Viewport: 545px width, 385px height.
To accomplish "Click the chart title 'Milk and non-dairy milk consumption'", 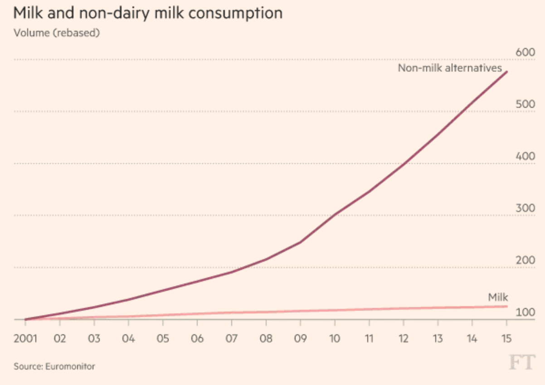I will pyautogui.click(x=148, y=13).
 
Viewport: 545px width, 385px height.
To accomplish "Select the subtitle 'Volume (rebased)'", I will pyautogui.click(x=57, y=33).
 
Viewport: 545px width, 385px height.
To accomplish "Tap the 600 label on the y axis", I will pyautogui.click(x=526, y=52).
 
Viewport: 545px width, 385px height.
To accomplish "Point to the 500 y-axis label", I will pyautogui.click(x=526, y=104).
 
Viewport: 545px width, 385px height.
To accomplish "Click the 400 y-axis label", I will pyautogui.click(x=526, y=156).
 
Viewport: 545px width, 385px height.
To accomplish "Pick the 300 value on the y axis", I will pyautogui.click(x=526, y=208).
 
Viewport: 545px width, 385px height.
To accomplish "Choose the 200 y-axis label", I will pyautogui.click(x=526, y=260).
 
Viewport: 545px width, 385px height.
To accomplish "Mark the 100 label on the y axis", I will pyautogui.click(x=526, y=313).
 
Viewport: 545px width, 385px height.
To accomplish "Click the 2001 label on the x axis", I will pyautogui.click(x=26, y=338).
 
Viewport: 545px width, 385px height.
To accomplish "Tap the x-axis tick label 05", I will pyautogui.click(x=163, y=338).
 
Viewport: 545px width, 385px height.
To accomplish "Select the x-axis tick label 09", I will pyautogui.click(x=300, y=338).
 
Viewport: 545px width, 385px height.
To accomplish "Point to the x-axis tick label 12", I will pyautogui.click(x=403, y=338).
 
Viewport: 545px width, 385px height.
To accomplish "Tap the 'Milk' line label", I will pyautogui.click(x=498, y=298).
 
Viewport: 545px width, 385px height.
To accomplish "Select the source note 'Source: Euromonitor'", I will pyautogui.click(x=54, y=366).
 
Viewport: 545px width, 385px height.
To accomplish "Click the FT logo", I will pyautogui.click(x=522, y=363).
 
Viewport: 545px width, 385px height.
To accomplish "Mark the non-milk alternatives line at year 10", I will pyautogui.click(x=335, y=214).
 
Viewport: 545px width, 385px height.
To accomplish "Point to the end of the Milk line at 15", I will pyautogui.click(x=506, y=307).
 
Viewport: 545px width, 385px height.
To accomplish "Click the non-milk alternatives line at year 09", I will pyautogui.click(x=300, y=242).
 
